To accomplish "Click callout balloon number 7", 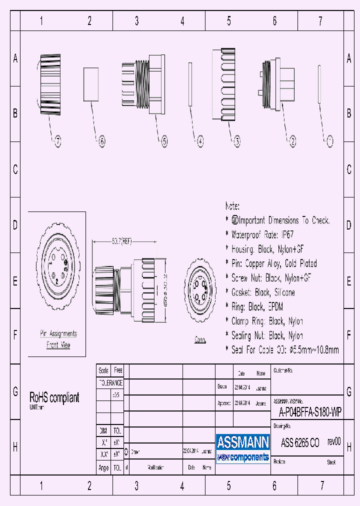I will [58, 142].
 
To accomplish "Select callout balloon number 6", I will [101, 142].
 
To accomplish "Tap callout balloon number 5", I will [164, 142].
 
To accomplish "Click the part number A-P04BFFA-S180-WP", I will [310, 412].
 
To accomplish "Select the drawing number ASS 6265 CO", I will [300, 442].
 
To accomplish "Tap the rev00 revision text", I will [334, 442].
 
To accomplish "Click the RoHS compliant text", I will [54, 398].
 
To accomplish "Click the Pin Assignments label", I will [58, 333].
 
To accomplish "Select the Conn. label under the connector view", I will [200, 340].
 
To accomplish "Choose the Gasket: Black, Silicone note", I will [263, 292].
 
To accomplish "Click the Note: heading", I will [232, 206].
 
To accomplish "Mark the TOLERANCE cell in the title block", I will [110, 383].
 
